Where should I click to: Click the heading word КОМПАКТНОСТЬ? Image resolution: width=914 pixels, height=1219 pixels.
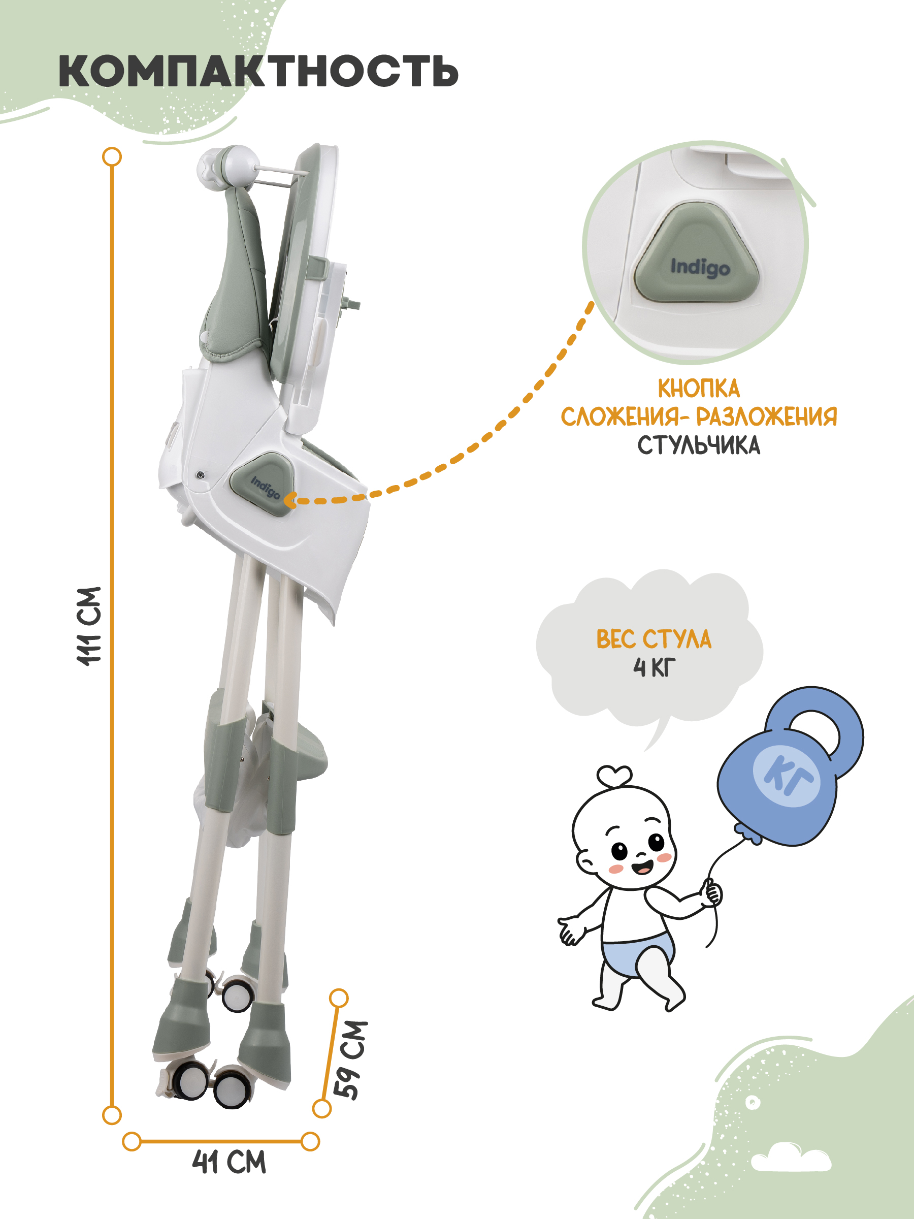click(x=258, y=71)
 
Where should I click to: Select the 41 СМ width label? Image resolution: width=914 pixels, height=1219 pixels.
click(x=229, y=1162)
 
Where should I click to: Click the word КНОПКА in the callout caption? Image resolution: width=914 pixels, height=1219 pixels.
click(x=699, y=389)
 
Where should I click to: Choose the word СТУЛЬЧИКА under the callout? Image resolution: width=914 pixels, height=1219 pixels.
click(x=699, y=445)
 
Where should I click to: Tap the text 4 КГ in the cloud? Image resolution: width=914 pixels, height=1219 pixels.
click(x=654, y=667)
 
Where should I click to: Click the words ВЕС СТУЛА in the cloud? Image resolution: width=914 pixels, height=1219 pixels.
click(x=654, y=639)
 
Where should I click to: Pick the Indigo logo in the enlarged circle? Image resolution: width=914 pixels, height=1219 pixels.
click(x=700, y=267)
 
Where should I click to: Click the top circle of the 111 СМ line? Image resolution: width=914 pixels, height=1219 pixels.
click(x=112, y=156)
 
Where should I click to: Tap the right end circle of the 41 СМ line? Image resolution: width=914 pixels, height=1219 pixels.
click(x=311, y=1141)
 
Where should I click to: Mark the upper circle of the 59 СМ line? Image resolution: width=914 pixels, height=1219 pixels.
click(x=338, y=998)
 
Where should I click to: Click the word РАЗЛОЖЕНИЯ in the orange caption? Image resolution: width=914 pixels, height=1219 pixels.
click(x=766, y=416)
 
